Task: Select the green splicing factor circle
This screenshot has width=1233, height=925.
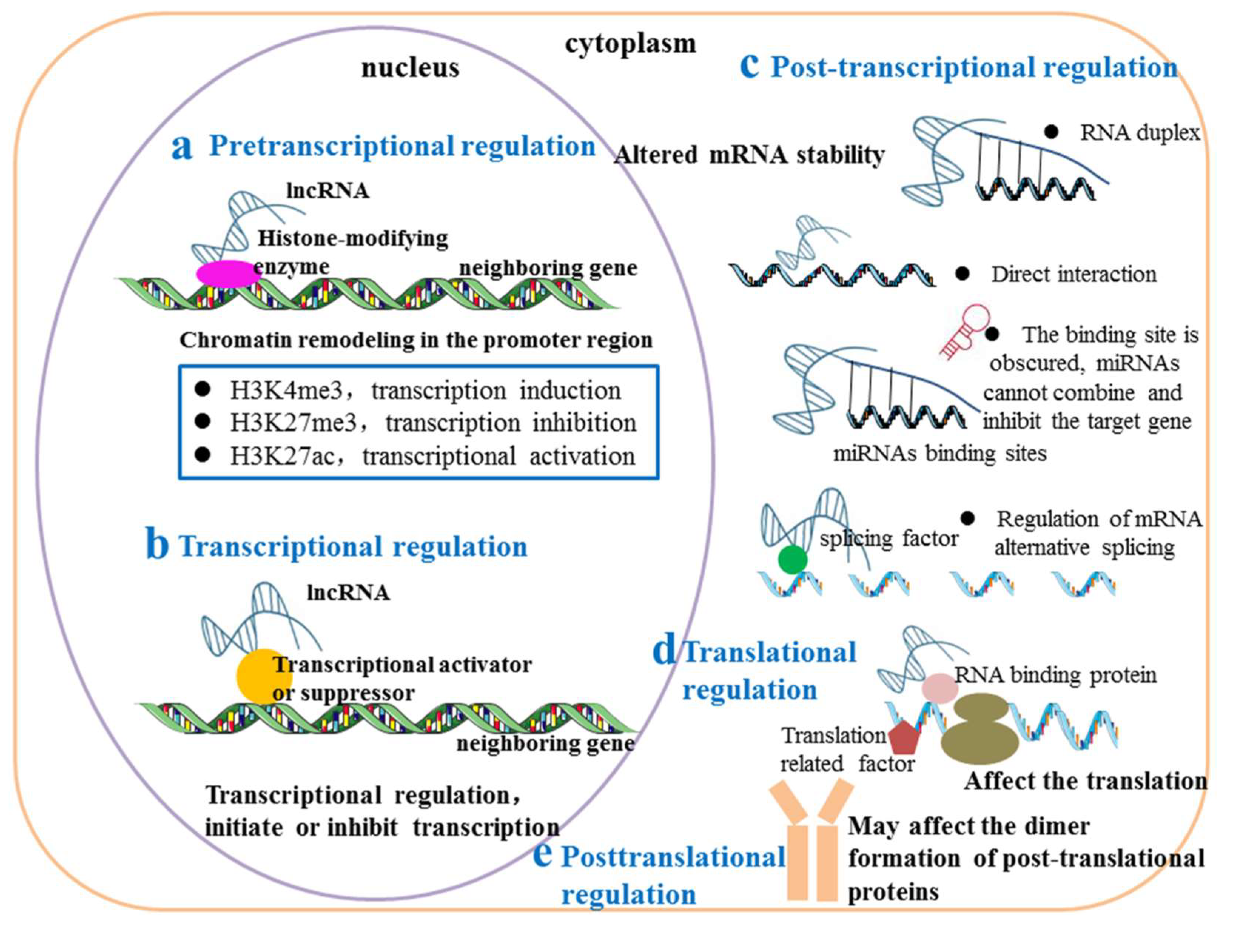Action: click(792, 560)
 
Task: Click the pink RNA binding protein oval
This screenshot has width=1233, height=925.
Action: click(939, 687)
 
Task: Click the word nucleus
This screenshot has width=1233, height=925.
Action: click(410, 68)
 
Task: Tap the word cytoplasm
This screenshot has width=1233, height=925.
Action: click(631, 43)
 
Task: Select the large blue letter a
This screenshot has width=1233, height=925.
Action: click(182, 147)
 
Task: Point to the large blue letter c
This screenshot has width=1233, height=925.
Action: click(749, 66)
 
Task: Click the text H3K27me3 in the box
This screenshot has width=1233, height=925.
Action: click(293, 423)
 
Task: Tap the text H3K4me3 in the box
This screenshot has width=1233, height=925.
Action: click(286, 390)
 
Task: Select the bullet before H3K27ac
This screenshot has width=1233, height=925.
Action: click(203, 455)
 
